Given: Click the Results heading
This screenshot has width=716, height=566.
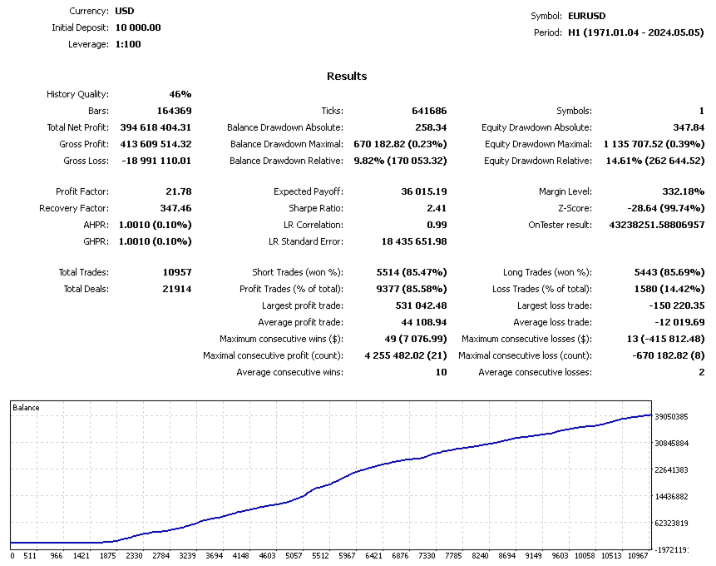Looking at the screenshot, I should coord(347,77).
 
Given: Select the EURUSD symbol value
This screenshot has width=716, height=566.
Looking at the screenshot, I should coord(586,16).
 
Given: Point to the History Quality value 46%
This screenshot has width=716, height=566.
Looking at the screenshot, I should coord(180,94).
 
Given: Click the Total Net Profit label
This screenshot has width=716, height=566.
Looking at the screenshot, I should coord(78,127).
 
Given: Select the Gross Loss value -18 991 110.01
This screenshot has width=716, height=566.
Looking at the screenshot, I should coord(150,161).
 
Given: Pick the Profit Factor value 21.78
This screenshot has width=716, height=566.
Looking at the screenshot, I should coord(178,191).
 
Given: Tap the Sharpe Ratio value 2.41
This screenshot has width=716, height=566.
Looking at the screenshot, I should coord(436,208).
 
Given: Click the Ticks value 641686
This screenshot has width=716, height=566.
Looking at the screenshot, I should coord(429,111).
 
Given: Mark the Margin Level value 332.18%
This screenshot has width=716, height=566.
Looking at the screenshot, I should coord(681,191).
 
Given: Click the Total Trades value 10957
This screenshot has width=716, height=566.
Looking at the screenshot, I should coord(177,272).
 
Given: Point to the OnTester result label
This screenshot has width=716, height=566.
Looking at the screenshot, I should coord(560,225).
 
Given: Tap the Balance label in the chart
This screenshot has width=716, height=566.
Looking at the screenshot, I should coord(26,408).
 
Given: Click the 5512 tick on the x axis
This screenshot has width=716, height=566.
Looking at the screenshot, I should coord(321,555).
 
